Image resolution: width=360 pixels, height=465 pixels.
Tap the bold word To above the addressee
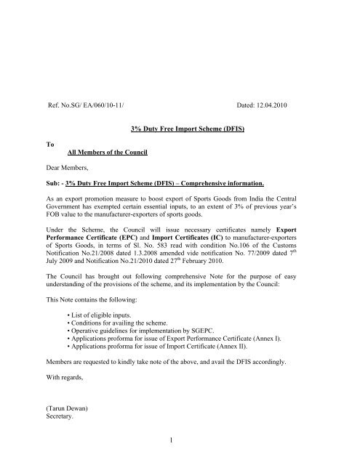[50, 145]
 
